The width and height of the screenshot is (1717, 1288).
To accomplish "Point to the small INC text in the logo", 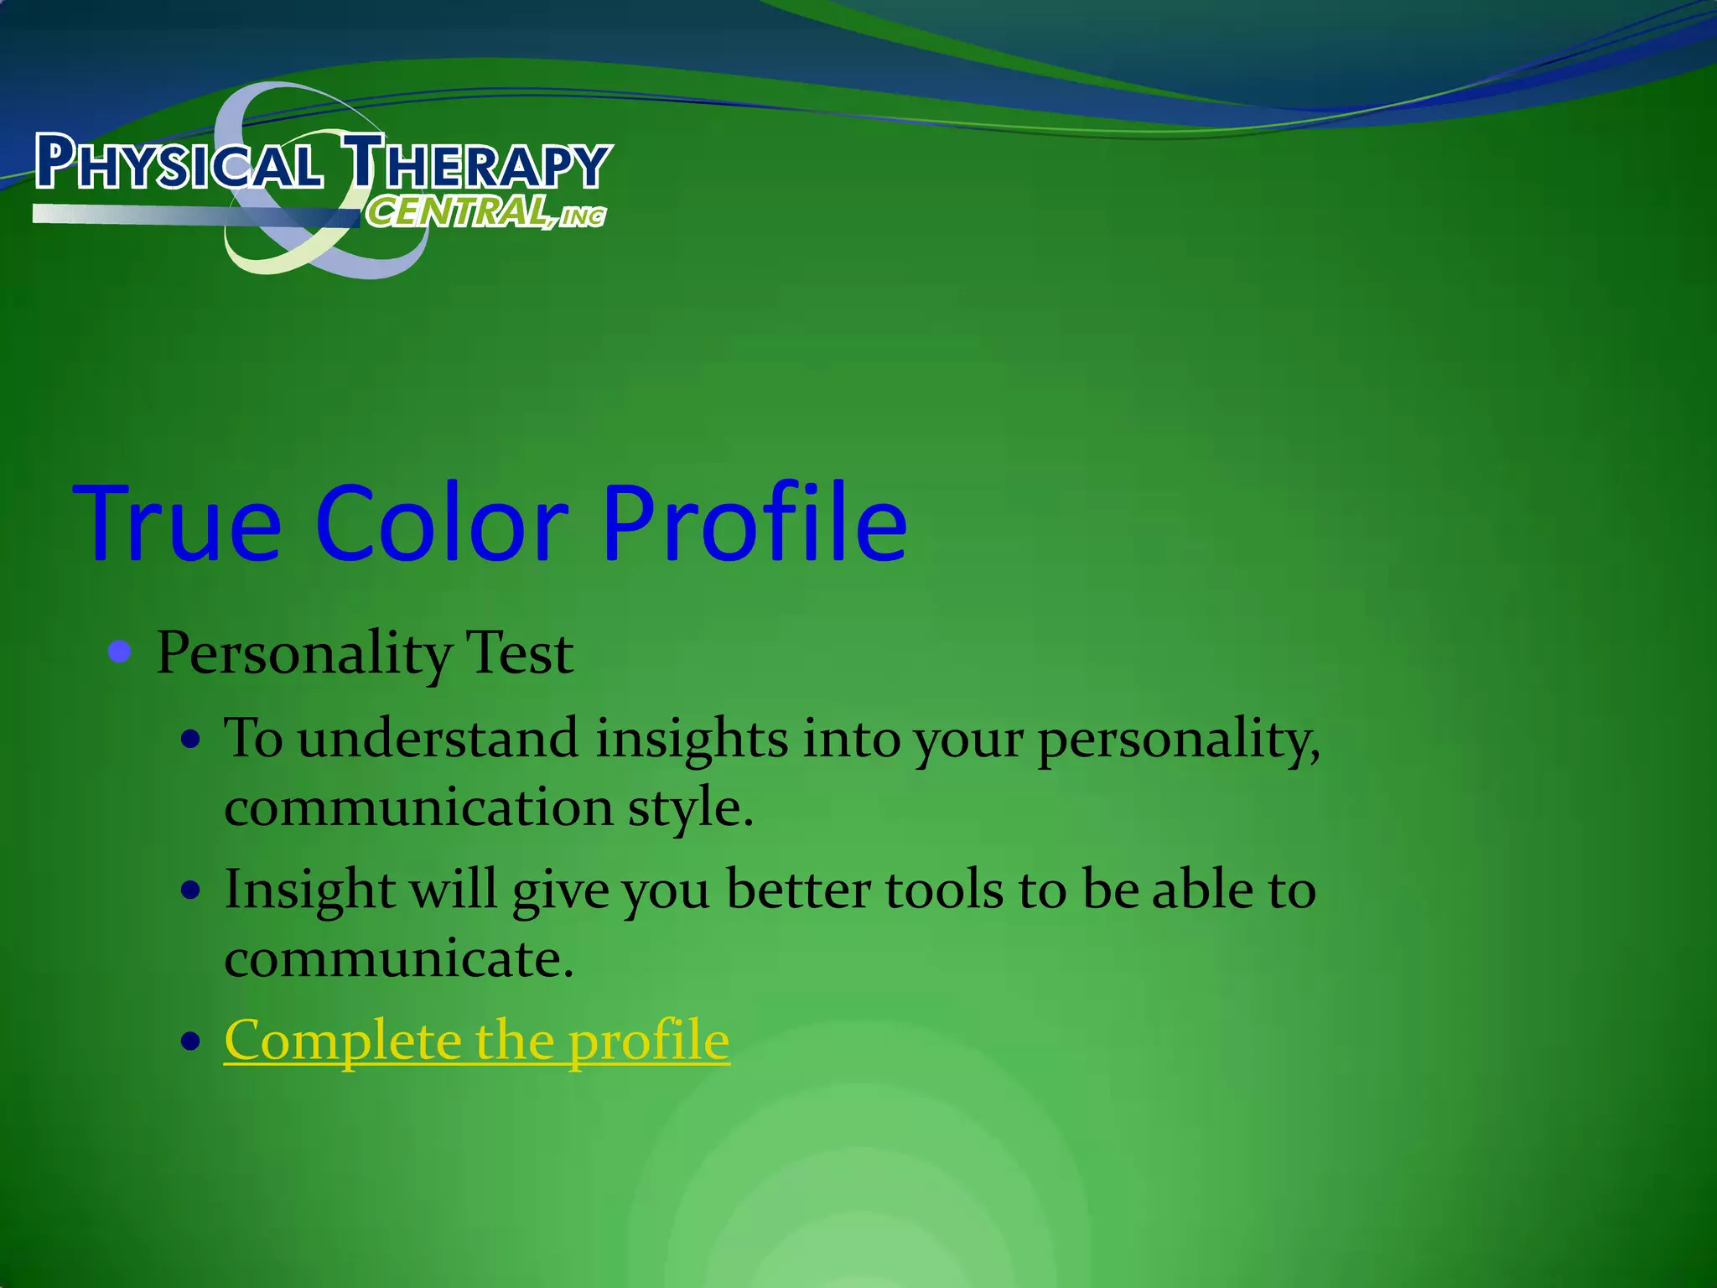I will [583, 218].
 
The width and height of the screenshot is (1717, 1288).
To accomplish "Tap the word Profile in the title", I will [755, 524].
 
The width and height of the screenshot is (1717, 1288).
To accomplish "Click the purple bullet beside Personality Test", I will [121, 652].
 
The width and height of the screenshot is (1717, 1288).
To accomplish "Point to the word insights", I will [692, 739].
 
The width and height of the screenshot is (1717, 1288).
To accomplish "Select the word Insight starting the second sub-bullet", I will [309, 891].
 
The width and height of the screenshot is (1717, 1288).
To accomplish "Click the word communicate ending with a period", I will [399, 958].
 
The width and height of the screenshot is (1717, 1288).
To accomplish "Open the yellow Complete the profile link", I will [476, 1041].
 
